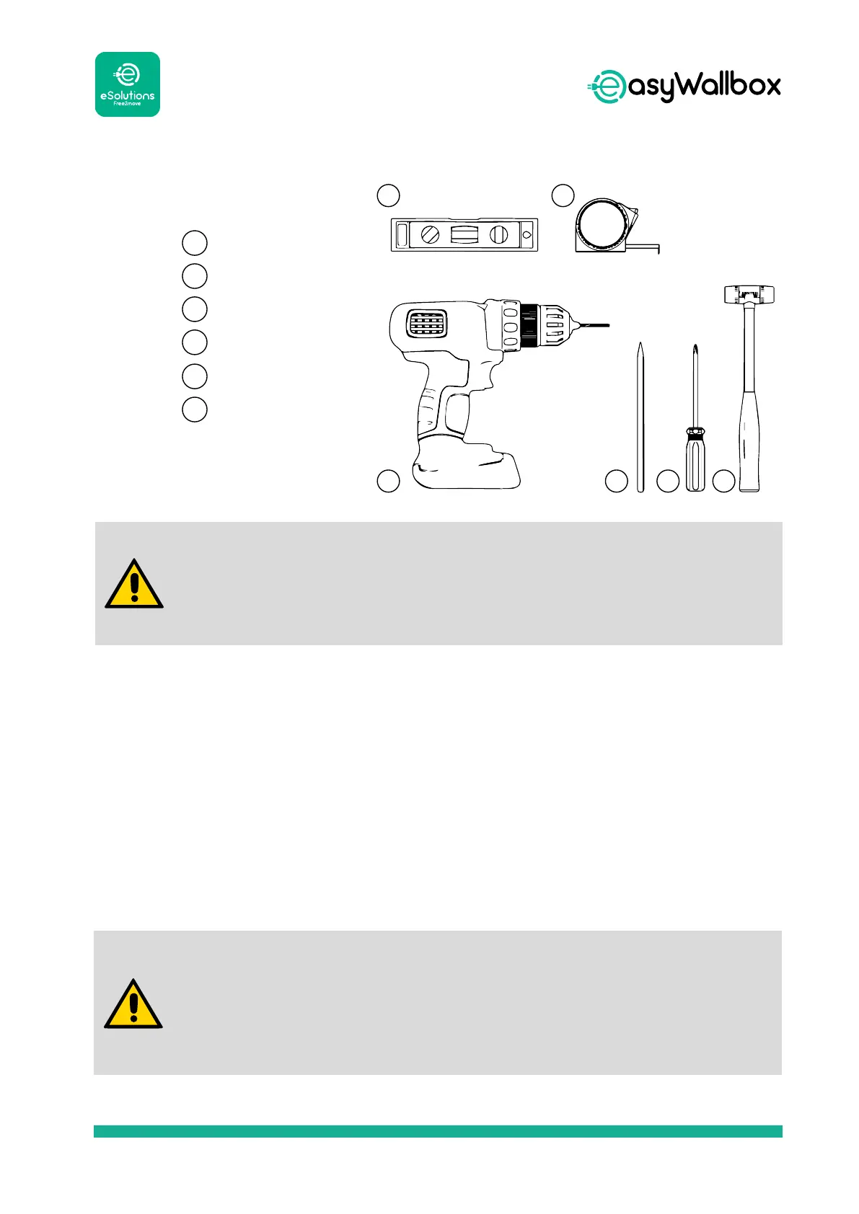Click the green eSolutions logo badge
128,84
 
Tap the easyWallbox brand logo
684,87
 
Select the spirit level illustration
464,234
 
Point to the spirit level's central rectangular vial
464,234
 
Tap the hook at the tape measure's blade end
658,249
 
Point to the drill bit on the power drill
591,326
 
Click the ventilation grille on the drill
426,324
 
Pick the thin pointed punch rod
640,418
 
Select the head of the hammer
749,294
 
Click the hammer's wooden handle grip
749,440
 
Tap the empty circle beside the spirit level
389,195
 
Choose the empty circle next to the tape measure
563,195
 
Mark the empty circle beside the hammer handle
723,482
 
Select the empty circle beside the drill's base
389,482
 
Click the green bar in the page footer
438,1131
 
